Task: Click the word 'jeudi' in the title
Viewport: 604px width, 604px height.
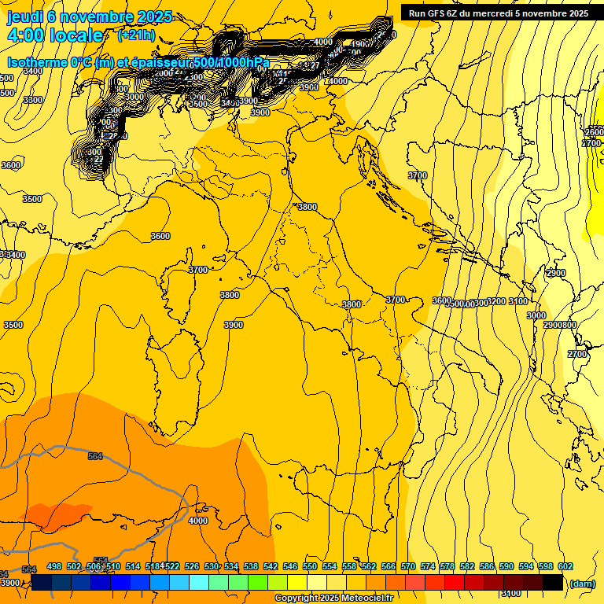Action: click(25, 17)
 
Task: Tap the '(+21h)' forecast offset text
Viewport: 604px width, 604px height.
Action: click(135, 35)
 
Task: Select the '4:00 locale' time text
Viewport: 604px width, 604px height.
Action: click(55, 35)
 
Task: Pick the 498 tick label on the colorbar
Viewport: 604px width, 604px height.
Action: click(54, 567)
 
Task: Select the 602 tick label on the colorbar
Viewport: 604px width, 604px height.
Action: click(565, 567)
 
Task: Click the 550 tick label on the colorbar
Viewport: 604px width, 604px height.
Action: click(310, 567)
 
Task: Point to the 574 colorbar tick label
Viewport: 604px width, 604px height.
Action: click(428, 567)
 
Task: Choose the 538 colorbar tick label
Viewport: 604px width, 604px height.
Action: click(251, 567)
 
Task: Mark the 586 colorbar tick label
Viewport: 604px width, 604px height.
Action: click(487, 567)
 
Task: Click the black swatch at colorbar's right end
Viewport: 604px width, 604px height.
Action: click(553, 583)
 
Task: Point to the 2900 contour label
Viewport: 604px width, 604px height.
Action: click(555, 273)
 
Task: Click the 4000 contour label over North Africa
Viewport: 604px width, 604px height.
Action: click(198, 521)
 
